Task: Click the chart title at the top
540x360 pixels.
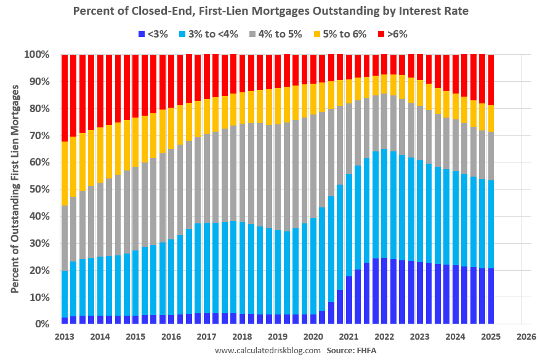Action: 270,11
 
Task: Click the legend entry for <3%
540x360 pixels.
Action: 153,34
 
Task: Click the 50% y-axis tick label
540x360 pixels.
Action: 39,190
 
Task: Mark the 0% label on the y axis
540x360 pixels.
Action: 41,324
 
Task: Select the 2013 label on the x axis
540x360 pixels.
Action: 65,337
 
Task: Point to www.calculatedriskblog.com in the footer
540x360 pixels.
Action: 267,351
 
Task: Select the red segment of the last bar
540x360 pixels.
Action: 491,80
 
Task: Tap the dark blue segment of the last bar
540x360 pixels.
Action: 491,296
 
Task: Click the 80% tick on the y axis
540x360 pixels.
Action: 39,109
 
